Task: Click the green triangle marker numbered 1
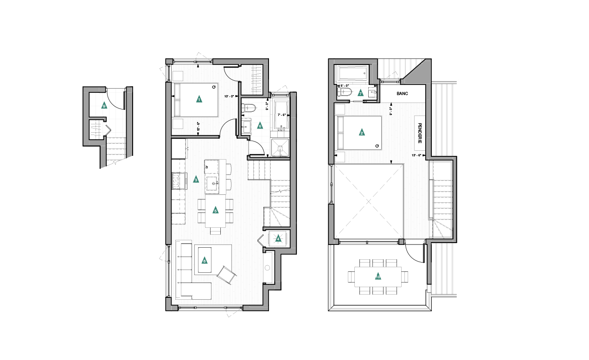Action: tap(198, 99)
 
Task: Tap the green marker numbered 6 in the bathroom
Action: tap(260, 125)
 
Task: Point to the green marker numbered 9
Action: tap(104, 106)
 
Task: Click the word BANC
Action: tap(402, 94)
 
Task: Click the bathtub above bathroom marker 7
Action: tap(352, 72)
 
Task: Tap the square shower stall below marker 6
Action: tap(279, 148)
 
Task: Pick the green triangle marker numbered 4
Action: tap(278, 239)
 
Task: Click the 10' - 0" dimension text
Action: tap(230, 96)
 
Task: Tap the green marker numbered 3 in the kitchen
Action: tap(196, 180)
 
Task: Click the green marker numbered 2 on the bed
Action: tap(362, 132)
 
